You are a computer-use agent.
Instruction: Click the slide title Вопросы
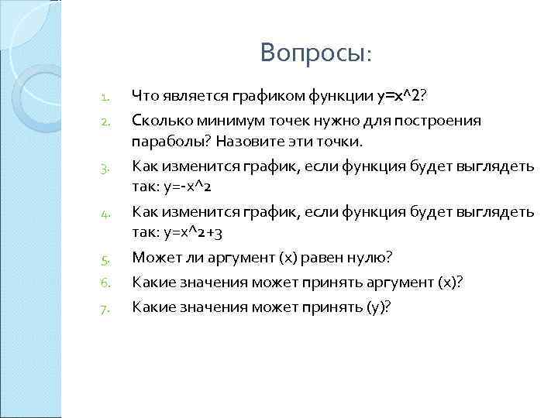(316, 53)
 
